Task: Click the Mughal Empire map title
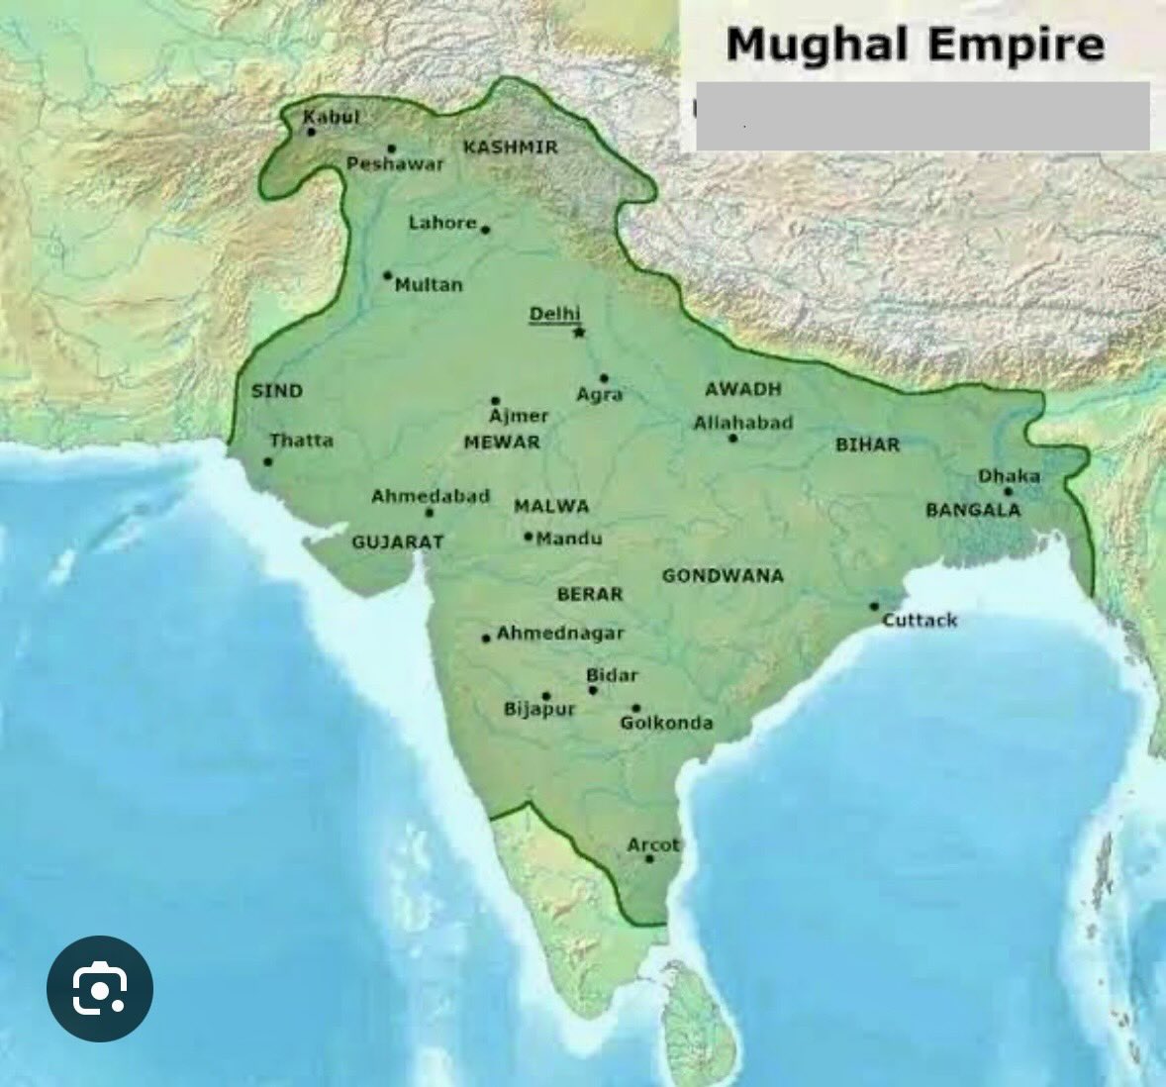click(x=915, y=45)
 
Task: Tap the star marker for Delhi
click(x=579, y=332)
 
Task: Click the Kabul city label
click(x=331, y=117)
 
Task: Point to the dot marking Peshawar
click(x=392, y=148)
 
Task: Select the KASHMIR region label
click(x=511, y=148)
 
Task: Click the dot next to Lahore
click(x=485, y=230)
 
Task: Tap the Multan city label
click(x=429, y=285)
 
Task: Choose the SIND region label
click(x=277, y=391)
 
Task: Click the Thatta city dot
click(x=267, y=461)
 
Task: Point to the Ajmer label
click(x=519, y=417)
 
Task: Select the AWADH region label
click(x=743, y=389)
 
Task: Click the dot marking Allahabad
click(x=733, y=438)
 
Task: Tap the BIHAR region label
click(x=868, y=445)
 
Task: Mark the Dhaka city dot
click(x=1008, y=491)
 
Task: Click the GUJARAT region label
click(x=398, y=543)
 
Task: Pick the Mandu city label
click(x=569, y=539)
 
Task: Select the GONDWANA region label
click(x=723, y=575)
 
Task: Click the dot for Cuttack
click(x=874, y=607)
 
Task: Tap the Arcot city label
click(x=653, y=845)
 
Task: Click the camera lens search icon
click(x=100, y=988)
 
